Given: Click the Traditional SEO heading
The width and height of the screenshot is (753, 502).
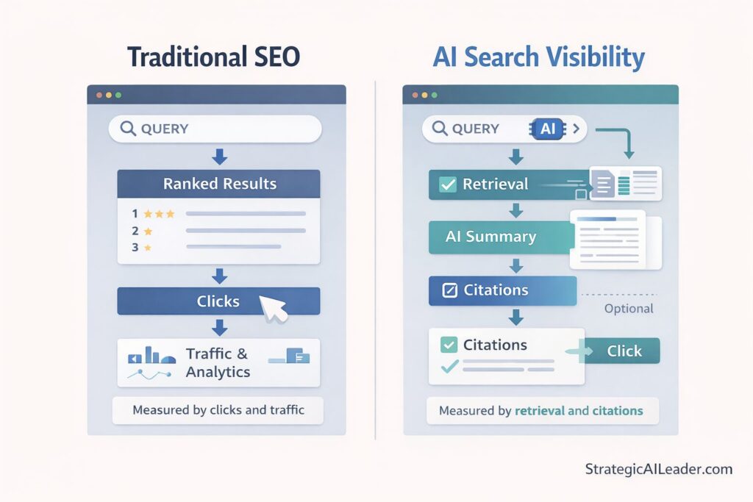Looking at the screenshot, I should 214,57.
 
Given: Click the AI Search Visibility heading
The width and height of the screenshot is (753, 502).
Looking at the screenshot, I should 538,57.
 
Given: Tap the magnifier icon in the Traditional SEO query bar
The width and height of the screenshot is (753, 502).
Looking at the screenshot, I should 128,129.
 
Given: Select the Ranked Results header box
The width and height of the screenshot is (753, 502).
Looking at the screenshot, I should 219,184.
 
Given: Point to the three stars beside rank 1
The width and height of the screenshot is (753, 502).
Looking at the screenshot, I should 159,214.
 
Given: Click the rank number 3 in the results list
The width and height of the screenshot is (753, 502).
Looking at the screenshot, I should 135,248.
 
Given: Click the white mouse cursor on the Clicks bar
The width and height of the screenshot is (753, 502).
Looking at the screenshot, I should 274,305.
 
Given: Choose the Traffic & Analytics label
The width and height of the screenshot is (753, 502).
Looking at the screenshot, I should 218,363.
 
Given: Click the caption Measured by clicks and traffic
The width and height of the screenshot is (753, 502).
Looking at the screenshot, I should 218,410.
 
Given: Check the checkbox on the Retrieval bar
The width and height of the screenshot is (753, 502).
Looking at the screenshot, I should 447,184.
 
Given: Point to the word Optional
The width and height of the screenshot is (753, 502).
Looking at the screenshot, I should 628,309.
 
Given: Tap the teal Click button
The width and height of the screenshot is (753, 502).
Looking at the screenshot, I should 624,351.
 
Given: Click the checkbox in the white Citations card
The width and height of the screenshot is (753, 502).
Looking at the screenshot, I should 448,345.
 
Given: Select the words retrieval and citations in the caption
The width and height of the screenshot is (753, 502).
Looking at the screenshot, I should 579,411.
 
